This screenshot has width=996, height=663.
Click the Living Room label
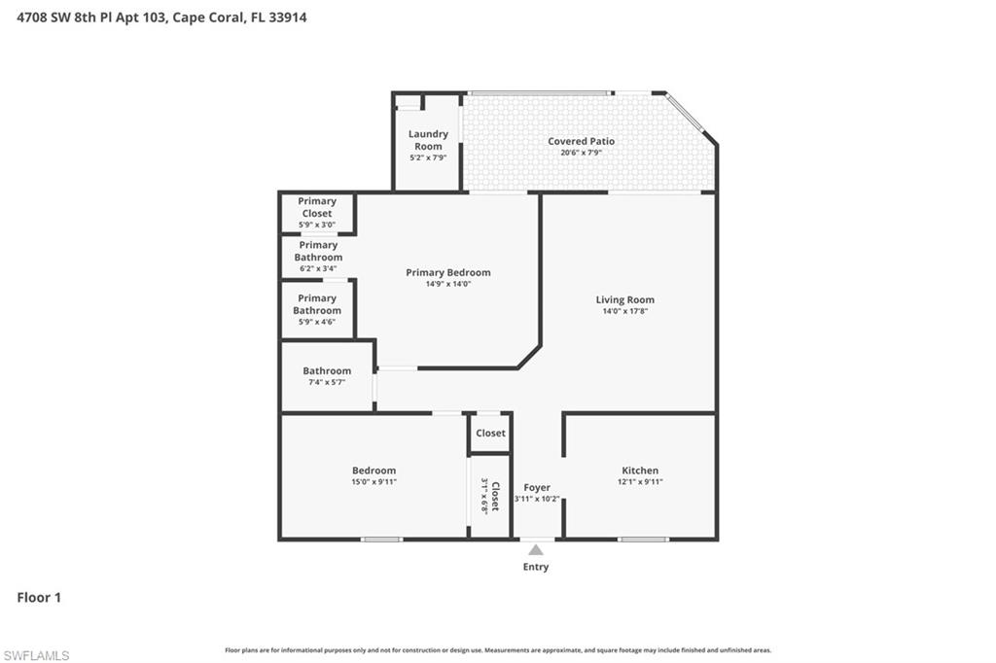click(x=624, y=300)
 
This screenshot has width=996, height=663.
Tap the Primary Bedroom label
click(x=447, y=273)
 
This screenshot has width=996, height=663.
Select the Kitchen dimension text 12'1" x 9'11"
click(x=639, y=482)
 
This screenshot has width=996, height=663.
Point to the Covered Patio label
click(x=581, y=142)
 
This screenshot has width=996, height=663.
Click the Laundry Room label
click(x=428, y=140)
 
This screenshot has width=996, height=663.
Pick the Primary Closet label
click(x=317, y=207)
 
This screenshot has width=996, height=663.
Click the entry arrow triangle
click(x=536, y=550)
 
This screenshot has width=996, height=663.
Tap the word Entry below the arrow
click(x=536, y=567)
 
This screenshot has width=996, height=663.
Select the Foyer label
click(x=537, y=488)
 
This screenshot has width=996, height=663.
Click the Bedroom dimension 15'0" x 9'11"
click(x=374, y=482)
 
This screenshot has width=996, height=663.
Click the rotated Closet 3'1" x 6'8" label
click(x=490, y=496)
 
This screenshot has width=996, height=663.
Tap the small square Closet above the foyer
click(x=490, y=434)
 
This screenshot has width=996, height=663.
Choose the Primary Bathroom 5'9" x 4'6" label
click(x=317, y=310)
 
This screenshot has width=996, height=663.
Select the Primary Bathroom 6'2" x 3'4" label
click(x=318, y=257)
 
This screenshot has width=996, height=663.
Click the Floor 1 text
click(x=39, y=598)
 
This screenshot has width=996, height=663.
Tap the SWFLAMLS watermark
click(x=36, y=655)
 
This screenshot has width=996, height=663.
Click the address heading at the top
click(x=161, y=17)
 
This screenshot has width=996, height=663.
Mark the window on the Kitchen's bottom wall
click(x=642, y=539)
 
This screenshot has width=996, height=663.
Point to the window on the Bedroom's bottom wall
click(x=381, y=539)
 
